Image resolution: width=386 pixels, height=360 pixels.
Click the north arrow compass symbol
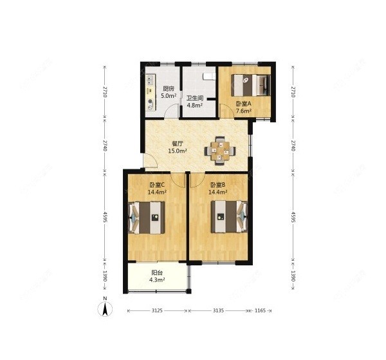click(x=105, y=308)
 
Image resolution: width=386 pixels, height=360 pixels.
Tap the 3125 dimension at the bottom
click(x=157, y=310)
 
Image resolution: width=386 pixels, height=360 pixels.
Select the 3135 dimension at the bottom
click(x=218, y=310)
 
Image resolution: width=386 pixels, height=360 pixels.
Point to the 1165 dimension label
click(x=260, y=310)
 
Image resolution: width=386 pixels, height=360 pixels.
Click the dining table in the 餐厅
click(x=220, y=151)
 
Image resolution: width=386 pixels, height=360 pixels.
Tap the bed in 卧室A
click(x=251, y=85)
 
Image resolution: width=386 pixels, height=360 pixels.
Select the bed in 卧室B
click(x=229, y=217)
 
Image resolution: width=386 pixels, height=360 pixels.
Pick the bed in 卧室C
click(x=147, y=218)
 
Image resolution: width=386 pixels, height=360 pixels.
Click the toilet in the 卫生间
click(x=209, y=77)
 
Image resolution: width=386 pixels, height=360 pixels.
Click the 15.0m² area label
click(x=178, y=151)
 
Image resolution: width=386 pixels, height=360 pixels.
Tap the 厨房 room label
click(x=169, y=89)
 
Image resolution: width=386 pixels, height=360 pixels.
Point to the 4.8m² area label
click(x=194, y=105)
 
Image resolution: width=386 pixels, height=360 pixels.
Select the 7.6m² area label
click(x=243, y=111)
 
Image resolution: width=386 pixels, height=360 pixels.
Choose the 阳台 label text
click(x=157, y=273)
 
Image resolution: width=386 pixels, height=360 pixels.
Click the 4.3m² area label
click(x=157, y=279)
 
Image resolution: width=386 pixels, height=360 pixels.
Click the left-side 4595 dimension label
click(x=105, y=217)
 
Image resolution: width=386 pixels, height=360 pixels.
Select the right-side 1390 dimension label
click(x=293, y=276)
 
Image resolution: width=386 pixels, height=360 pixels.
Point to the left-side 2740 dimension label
click(x=105, y=146)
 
